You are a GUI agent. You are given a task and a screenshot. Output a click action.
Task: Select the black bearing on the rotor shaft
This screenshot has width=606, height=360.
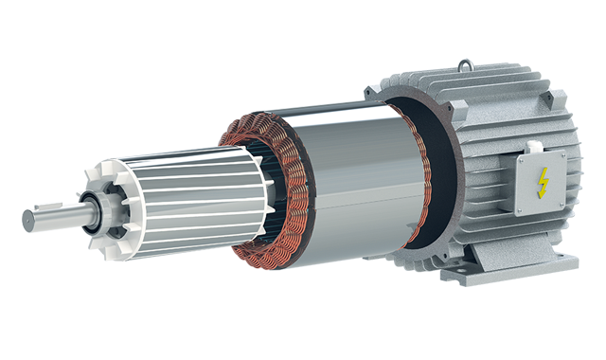tap(91, 209)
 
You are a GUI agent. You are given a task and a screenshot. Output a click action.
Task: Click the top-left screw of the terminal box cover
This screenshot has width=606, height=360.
tap(520, 159)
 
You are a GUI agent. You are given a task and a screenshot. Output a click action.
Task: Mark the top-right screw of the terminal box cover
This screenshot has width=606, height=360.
tap(561, 154)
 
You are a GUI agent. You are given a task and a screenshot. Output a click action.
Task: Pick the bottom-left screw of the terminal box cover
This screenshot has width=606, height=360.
tap(520, 207)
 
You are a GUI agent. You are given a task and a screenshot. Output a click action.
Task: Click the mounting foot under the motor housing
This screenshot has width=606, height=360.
tap(473, 275)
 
